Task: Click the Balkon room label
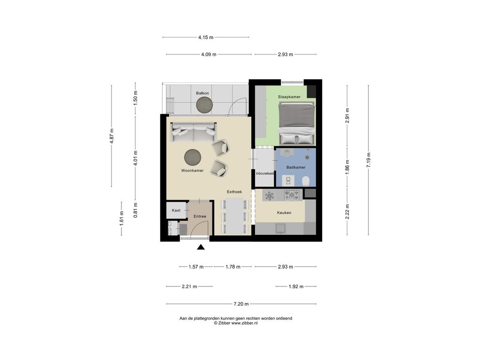(202, 93)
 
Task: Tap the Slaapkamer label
(289, 97)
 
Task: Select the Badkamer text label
(296, 167)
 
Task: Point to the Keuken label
(284, 212)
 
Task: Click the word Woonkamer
(192, 171)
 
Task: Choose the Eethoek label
(234, 192)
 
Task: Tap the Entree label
(200, 216)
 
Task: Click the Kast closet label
(176, 210)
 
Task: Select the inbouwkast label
(265, 173)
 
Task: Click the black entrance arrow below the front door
(201, 247)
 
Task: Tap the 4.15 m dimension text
(206, 37)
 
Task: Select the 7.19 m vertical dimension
(369, 161)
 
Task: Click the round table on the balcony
(204, 106)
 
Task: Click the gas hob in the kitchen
(293, 195)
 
